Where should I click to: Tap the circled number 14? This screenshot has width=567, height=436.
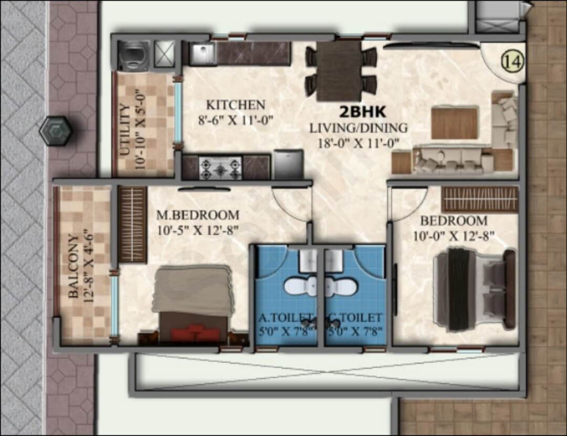[513, 61]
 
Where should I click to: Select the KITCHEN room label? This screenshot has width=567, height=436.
[235, 104]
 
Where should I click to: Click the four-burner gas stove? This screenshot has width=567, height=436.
[220, 168]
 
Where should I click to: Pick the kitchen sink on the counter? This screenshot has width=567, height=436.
[202, 54]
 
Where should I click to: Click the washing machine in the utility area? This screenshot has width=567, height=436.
[133, 54]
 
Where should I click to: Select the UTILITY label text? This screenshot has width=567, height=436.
[125, 130]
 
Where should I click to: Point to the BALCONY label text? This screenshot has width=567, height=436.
[74, 267]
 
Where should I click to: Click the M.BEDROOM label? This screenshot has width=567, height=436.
[198, 215]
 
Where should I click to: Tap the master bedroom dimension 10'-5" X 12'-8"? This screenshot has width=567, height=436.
[198, 229]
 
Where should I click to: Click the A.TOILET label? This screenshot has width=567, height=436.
[285, 317]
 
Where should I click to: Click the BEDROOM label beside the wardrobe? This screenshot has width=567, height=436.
[454, 221]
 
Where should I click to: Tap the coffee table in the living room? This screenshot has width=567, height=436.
[455, 122]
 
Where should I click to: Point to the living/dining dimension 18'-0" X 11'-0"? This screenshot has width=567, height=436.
[359, 141]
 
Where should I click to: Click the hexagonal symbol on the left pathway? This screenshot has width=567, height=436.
[56, 131]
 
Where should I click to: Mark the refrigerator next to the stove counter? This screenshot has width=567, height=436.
[288, 164]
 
